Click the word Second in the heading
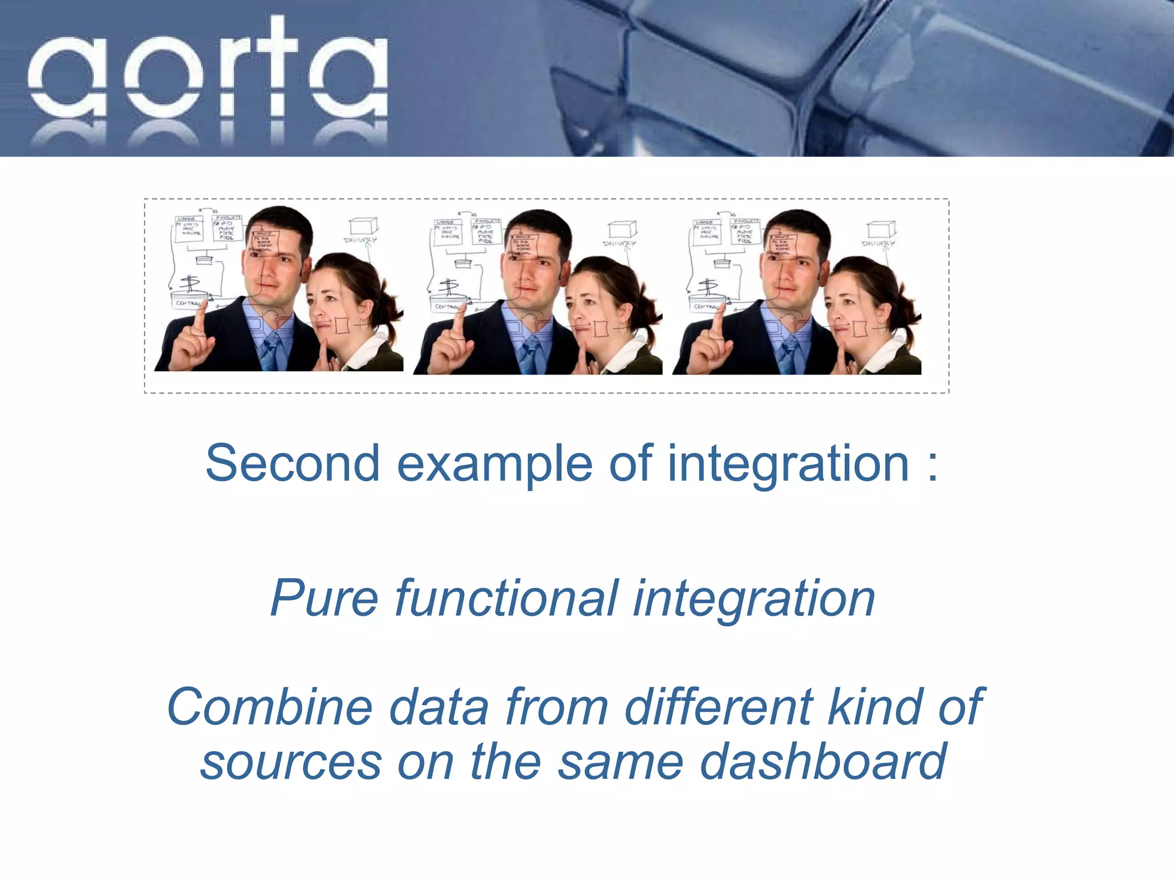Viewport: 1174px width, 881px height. (292, 463)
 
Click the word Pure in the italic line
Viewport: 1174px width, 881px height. (324, 598)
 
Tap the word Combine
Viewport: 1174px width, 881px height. (270, 707)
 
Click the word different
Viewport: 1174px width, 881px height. (719, 707)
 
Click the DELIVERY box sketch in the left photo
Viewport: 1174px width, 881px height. (362, 226)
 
